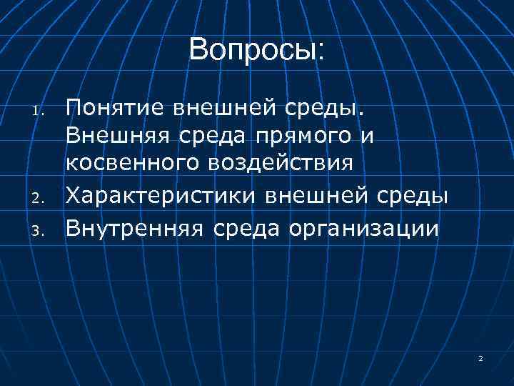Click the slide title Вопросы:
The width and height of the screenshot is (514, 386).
point(256,50)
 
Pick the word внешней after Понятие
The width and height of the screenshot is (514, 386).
point(224,108)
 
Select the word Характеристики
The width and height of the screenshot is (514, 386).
point(163,197)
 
